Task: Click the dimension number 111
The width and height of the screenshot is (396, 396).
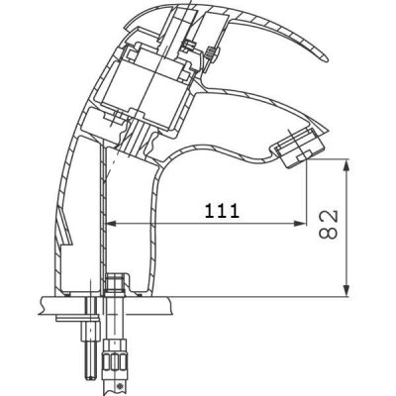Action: (x=222, y=211)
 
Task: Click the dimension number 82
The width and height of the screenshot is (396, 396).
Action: (x=329, y=224)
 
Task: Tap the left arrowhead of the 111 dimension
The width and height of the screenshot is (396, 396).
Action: (x=113, y=224)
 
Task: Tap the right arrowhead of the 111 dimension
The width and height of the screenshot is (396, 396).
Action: (x=301, y=224)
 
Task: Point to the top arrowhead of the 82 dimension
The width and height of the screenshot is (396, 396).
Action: (x=346, y=165)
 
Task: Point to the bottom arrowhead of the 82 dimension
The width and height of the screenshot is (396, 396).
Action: (x=346, y=290)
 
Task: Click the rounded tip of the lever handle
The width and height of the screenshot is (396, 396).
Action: (x=326, y=58)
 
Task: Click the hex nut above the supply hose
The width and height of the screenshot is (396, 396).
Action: (x=115, y=282)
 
